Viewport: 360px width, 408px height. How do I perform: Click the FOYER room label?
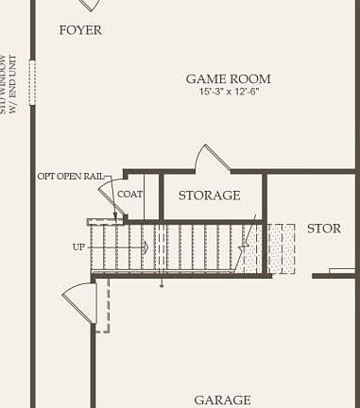tap(80, 30)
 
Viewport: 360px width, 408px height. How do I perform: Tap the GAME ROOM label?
tap(228, 79)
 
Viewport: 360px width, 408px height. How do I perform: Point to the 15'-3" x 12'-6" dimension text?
tap(228, 93)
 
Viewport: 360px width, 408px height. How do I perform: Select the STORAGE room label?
tap(209, 195)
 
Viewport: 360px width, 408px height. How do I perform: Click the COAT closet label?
tap(130, 195)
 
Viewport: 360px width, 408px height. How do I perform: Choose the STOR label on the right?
tap(324, 229)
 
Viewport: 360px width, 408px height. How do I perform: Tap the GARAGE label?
tap(223, 399)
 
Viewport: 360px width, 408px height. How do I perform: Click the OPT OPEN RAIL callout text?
tap(70, 176)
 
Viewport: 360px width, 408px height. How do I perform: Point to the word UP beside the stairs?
tap(78, 246)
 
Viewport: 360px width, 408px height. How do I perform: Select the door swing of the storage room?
tap(212, 159)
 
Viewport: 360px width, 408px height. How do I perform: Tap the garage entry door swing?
tap(80, 300)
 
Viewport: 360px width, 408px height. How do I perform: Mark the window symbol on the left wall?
tap(31, 82)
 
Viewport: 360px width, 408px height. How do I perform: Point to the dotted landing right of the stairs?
tap(281, 247)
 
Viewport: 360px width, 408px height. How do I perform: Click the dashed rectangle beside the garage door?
tap(103, 305)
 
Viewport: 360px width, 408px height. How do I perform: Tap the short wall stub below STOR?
tap(334, 276)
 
